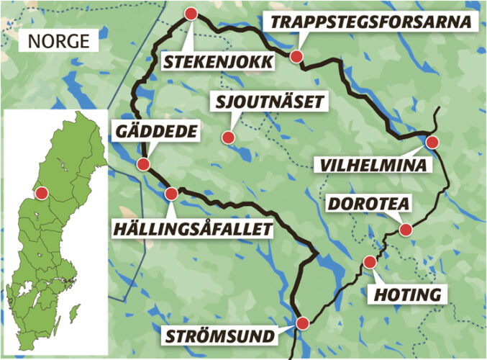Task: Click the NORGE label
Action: tap(59, 41)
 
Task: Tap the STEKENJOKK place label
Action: tap(218, 62)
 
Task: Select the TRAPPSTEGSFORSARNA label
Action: tap(371, 22)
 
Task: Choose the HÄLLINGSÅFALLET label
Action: tap(194, 229)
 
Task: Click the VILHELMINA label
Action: tap(373, 166)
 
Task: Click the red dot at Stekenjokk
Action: tap(191, 14)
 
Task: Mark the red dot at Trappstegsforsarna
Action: tap(296, 56)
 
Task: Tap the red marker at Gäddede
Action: tap(142, 164)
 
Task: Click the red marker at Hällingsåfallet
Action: tap(171, 193)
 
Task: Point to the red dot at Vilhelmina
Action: tap(432, 142)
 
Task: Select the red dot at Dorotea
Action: tap(406, 230)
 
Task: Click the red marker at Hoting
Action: tap(370, 261)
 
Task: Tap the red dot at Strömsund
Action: tap(302, 323)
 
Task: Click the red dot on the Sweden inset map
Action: tap(42, 193)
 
